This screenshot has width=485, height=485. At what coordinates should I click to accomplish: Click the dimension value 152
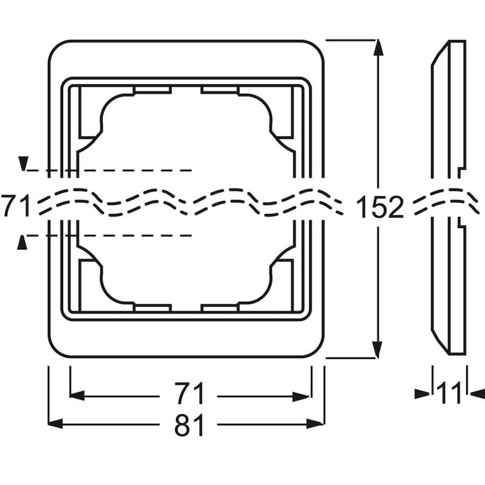[380, 206]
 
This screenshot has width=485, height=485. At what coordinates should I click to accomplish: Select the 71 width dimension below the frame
[189, 393]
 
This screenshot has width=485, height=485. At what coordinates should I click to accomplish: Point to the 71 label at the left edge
[16, 205]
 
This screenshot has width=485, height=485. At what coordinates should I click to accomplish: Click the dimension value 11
[449, 393]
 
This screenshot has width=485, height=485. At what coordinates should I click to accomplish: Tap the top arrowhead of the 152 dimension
[378, 48]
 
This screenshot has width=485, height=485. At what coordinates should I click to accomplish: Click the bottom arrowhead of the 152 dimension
[377, 350]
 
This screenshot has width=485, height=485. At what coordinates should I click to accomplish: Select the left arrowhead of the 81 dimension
[56, 423]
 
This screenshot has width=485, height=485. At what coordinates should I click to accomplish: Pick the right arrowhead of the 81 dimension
[315, 423]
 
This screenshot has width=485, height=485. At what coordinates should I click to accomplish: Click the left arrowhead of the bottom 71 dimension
[78, 396]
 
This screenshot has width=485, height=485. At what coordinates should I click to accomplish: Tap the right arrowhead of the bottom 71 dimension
[301, 396]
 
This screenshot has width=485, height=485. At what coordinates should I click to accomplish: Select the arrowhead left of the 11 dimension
[422, 393]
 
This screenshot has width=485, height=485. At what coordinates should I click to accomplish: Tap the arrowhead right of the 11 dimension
[478, 393]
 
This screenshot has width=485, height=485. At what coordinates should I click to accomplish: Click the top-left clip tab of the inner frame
[153, 90]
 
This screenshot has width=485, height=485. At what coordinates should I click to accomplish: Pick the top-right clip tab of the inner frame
[219, 90]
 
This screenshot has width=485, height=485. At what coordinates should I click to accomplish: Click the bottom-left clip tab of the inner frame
[153, 308]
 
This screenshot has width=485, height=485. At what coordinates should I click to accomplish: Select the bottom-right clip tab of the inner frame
[219, 308]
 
